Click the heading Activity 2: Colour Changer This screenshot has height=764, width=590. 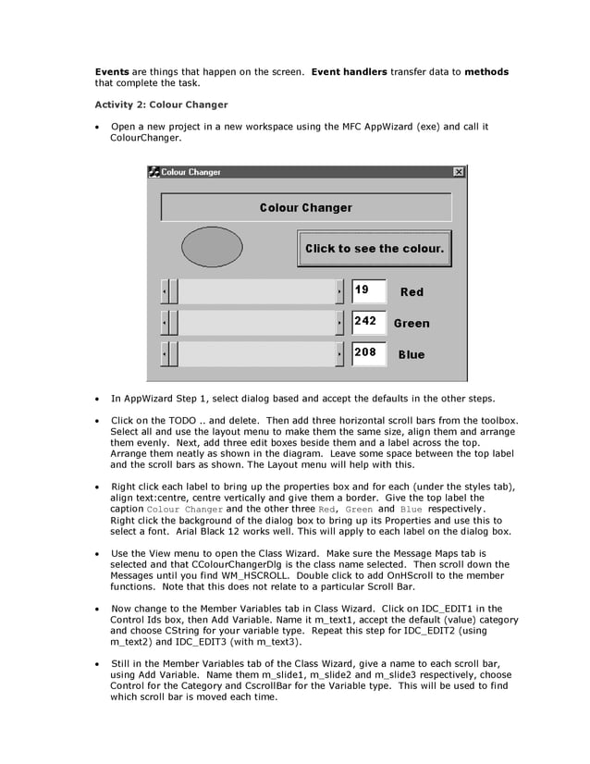(161, 104)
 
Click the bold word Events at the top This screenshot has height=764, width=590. (112, 71)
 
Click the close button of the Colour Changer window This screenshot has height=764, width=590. (459, 172)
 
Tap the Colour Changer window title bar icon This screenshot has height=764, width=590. (154, 172)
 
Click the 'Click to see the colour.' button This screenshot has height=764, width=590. (375, 248)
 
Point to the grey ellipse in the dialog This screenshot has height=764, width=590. (212, 247)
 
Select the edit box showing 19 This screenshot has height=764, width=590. (368, 290)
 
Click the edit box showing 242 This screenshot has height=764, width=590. (368, 322)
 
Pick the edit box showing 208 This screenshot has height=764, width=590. (368, 353)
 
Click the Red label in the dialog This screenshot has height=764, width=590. (412, 292)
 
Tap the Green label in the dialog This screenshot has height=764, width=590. (412, 324)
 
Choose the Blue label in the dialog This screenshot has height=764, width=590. (412, 355)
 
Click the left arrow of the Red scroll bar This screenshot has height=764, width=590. (165, 292)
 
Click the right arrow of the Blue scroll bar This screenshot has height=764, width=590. (339, 354)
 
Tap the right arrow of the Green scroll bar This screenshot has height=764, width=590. (339, 323)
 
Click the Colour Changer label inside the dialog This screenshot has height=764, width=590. (305, 207)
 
